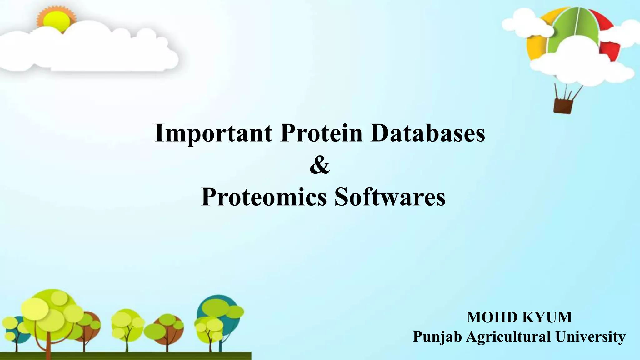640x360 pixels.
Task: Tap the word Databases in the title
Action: pyautogui.click(x=427, y=133)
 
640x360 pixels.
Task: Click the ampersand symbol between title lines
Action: pyautogui.click(x=320, y=166)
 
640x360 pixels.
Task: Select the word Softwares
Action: pyautogui.click(x=390, y=197)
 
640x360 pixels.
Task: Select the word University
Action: pyautogui.click(x=590, y=337)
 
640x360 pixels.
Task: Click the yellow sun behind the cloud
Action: pyautogui.click(x=56, y=19)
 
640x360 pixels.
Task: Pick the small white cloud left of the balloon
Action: pyautogui.click(x=525, y=25)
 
